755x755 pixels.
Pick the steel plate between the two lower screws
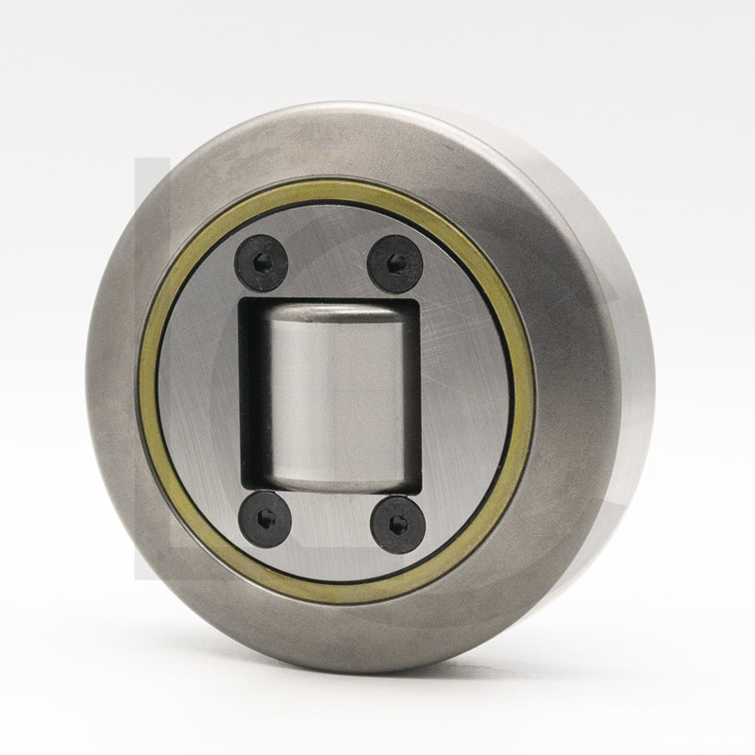pos(330,524)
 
